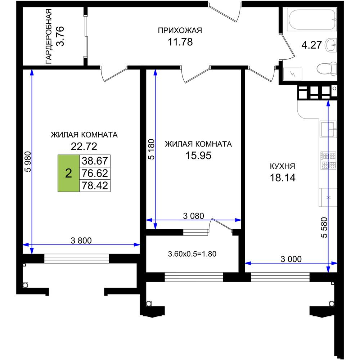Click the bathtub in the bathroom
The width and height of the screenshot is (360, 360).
click(x=312, y=19)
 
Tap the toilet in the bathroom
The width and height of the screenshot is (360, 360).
click(x=327, y=68)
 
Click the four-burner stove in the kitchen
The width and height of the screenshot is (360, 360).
click(x=328, y=161)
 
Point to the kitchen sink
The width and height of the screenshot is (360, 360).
click(x=328, y=129)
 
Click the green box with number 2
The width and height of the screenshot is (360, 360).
click(x=68, y=173)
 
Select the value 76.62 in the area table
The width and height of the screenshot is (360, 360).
click(x=95, y=173)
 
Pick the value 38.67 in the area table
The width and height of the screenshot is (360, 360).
click(x=95, y=161)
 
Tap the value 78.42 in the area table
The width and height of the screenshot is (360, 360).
click(x=95, y=185)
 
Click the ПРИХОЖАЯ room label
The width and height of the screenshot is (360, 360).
click(x=180, y=30)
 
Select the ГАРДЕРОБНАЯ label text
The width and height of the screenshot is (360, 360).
click(x=49, y=36)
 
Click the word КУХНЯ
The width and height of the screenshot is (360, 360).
click(x=282, y=166)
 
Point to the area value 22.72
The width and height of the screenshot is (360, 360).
click(x=84, y=146)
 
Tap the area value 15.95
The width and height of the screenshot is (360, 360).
click(x=198, y=156)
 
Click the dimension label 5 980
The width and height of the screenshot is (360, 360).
click(x=28, y=162)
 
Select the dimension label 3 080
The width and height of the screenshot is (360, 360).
click(x=194, y=216)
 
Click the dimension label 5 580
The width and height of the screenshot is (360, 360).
click(x=325, y=227)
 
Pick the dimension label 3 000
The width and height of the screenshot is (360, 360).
click(x=291, y=259)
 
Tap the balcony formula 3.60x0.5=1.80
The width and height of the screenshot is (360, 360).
click(x=192, y=254)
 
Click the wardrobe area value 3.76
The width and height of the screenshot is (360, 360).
click(x=60, y=36)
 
